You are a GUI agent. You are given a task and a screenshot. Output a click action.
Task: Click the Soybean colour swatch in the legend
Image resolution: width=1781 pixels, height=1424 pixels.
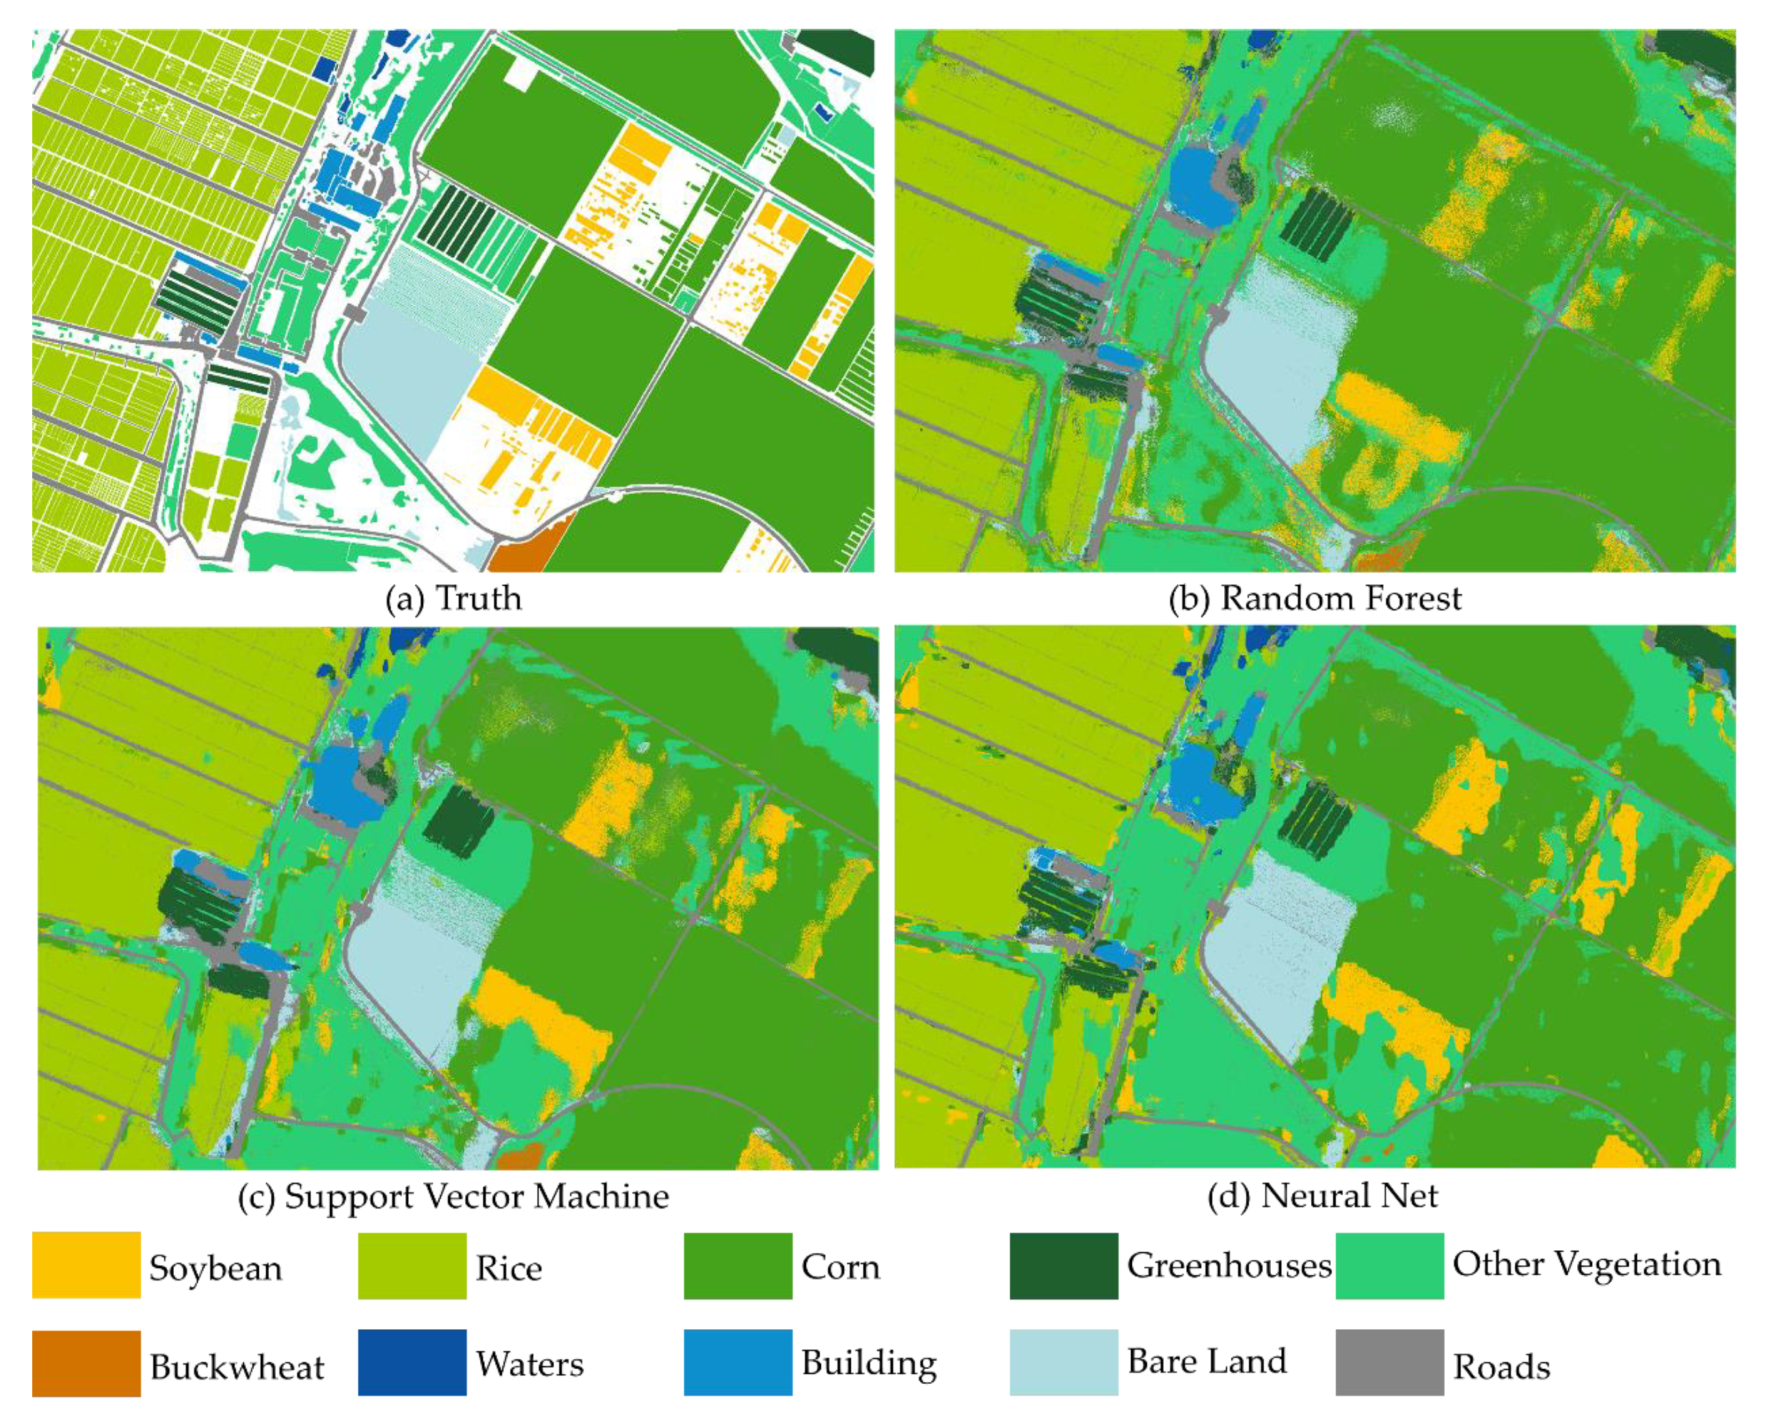pyautogui.click(x=86, y=1265)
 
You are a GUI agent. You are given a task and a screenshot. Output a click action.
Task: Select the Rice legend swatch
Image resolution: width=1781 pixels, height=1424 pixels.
pyautogui.click(x=412, y=1265)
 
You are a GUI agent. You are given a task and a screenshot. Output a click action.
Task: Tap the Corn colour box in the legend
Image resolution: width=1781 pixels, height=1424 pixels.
pyautogui.click(x=737, y=1265)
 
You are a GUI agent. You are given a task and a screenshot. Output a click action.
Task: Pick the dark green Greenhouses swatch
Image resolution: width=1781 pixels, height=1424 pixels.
pyautogui.click(x=1063, y=1265)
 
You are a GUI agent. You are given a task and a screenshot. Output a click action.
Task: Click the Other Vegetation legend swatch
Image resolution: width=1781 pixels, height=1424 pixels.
pyautogui.click(x=1389, y=1265)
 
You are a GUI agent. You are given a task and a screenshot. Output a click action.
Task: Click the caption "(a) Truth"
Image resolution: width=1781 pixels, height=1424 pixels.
pyautogui.click(x=453, y=598)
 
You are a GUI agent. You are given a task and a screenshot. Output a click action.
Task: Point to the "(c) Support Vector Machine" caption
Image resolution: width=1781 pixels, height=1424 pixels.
pyautogui.click(x=453, y=1196)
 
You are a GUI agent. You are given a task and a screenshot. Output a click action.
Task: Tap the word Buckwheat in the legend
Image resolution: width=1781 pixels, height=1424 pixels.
pyautogui.click(x=237, y=1367)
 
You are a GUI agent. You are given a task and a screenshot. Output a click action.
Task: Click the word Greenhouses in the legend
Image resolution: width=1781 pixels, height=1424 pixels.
pyautogui.click(x=1228, y=1265)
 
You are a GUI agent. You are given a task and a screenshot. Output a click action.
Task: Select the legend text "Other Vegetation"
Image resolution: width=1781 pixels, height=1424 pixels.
pyautogui.click(x=1587, y=1264)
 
